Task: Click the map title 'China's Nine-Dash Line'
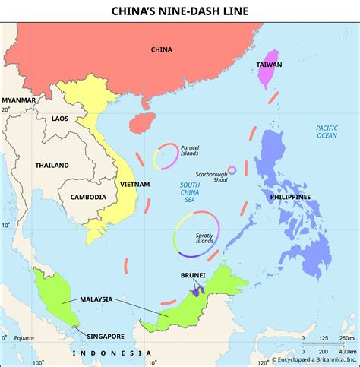click(180, 11)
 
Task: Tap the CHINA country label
click(161, 50)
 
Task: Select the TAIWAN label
click(270, 44)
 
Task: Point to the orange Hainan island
click(140, 122)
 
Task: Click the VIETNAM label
click(134, 184)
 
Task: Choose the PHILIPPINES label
click(289, 197)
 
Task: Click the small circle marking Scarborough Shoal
click(232, 170)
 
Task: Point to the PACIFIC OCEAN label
click(326, 131)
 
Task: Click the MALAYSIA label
click(96, 299)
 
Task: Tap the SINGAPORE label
click(105, 336)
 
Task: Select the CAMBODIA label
click(88, 197)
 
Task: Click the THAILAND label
click(52, 166)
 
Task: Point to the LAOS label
click(60, 119)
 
